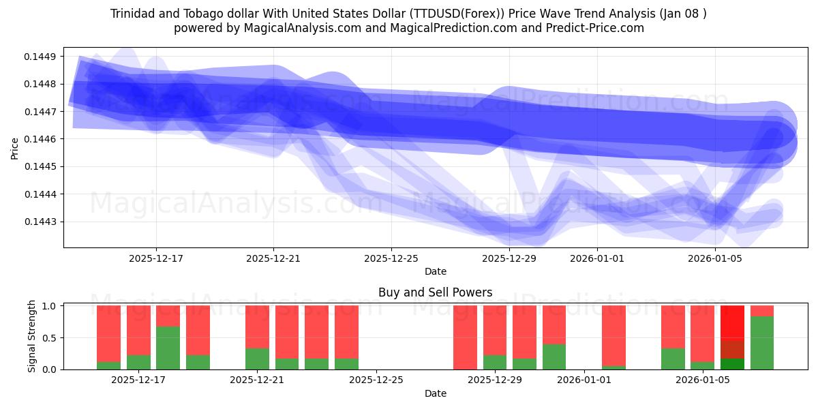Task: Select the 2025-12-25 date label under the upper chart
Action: (391, 258)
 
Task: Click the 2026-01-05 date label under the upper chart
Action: (714, 258)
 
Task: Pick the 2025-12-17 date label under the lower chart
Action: (138, 380)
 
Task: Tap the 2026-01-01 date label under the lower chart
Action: (584, 380)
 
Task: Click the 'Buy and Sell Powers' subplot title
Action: (435, 292)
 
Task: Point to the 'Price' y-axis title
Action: (15, 147)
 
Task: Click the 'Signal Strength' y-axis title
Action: (31, 337)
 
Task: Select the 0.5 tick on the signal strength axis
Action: (49, 337)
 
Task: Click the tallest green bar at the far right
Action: (761, 343)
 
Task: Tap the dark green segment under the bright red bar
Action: (732, 364)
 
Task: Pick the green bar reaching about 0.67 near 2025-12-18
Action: (168, 348)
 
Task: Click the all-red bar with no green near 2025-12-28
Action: (465, 337)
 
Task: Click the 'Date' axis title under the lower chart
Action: (435, 393)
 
